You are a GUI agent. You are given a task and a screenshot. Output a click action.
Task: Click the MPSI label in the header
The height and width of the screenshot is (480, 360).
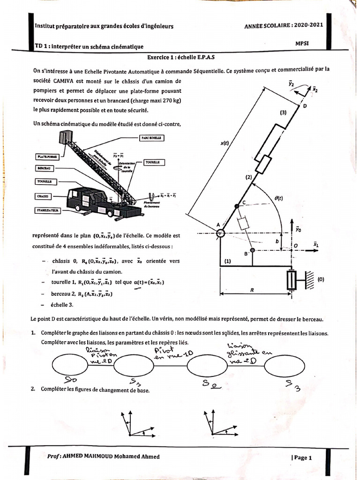302,43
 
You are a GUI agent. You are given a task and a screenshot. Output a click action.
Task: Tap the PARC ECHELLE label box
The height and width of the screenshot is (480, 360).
151,138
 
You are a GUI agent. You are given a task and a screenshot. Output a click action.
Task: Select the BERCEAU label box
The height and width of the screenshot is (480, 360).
45,167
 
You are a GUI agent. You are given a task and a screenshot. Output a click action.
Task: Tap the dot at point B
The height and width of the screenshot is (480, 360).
253,251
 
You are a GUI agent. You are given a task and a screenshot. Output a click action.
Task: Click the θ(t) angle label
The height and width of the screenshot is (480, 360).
278,198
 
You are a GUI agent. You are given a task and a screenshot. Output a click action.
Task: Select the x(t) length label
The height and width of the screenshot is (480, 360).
225,144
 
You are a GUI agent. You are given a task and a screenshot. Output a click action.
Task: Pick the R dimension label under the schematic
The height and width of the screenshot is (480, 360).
252,290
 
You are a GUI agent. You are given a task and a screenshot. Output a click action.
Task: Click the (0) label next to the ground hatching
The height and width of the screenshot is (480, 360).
320,279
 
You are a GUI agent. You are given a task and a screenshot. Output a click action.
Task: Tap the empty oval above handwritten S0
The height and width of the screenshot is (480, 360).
70,365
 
